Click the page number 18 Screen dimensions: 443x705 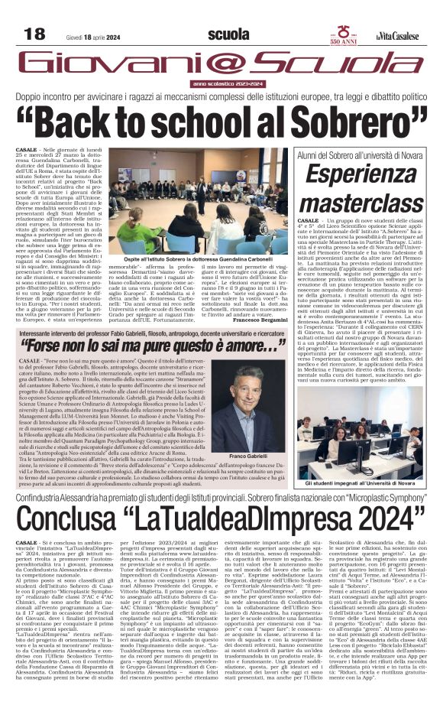34,34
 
